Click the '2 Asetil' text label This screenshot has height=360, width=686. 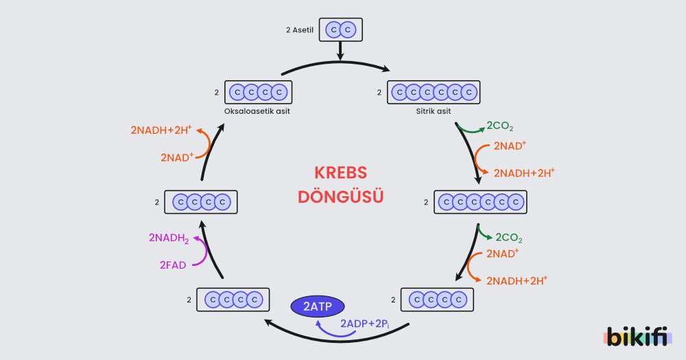pyautogui.click(x=300, y=30)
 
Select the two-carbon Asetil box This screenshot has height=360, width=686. pyautogui.click(x=340, y=30)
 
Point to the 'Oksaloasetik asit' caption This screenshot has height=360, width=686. pyautogui.click(x=257, y=111)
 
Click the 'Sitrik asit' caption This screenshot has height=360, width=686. pyautogui.click(x=434, y=111)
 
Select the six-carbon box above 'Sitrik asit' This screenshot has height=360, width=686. pyautogui.click(x=434, y=92)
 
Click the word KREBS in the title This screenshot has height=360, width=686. pyautogui.click(x=340, y=173)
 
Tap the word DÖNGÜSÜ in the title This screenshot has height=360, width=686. pyautogui.click(x=340, y=197)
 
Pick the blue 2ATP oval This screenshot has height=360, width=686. pyautogui.click(x=318, y=307)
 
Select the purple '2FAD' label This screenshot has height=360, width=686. pyautogui.click(x=173, y=265)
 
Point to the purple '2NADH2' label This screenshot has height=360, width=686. pyautogui.click(x=169, y=238)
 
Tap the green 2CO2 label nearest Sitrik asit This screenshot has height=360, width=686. pyautogui.click(x=499, y=126)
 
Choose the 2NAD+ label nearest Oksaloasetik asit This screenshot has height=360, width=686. pyautogui.click(x=177, y=157)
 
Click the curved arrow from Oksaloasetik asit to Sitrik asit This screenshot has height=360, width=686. pyautogui.click(x=336, y=63)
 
